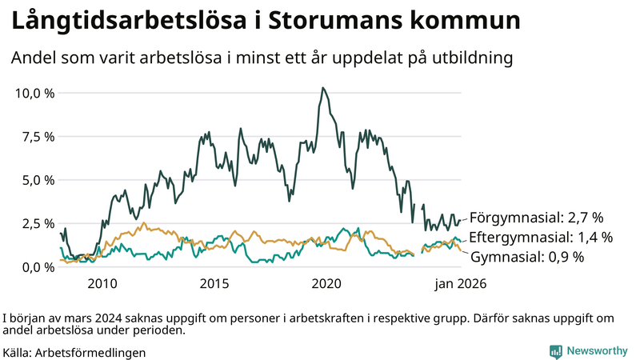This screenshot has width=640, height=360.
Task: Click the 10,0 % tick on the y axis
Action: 34,93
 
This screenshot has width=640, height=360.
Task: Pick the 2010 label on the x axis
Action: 102,284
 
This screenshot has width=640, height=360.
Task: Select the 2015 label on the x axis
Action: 214,284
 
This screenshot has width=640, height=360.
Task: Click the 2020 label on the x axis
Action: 326,284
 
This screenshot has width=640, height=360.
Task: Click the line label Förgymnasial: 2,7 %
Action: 535,218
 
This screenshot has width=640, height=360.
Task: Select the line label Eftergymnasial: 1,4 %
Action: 541,238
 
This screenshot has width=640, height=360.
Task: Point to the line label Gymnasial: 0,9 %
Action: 526,258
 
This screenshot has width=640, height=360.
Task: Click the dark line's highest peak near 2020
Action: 322,88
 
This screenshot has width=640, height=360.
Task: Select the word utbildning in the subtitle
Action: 469,58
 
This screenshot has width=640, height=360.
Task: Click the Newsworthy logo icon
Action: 555,351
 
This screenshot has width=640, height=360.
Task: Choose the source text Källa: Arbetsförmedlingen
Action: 74,352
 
